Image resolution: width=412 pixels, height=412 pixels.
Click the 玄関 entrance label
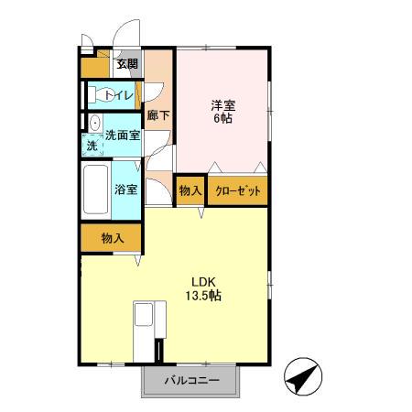point(126,64)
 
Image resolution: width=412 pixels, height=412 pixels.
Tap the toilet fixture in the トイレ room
point(99,94)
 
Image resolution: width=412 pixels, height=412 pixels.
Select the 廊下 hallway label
point(157,116)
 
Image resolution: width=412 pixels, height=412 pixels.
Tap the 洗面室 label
point(122,136)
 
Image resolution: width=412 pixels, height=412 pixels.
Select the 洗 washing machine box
point(92,146)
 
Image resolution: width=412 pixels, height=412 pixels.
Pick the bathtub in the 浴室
point(96,190)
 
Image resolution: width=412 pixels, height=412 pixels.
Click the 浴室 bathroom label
point(126,190)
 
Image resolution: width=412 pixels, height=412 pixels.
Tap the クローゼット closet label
point(238,192)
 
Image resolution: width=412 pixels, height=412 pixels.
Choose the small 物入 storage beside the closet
point(190,191)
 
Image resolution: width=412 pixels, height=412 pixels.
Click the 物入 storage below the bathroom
point(112,238)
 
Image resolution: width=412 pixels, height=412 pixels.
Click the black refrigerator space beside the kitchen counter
point(159,351)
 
